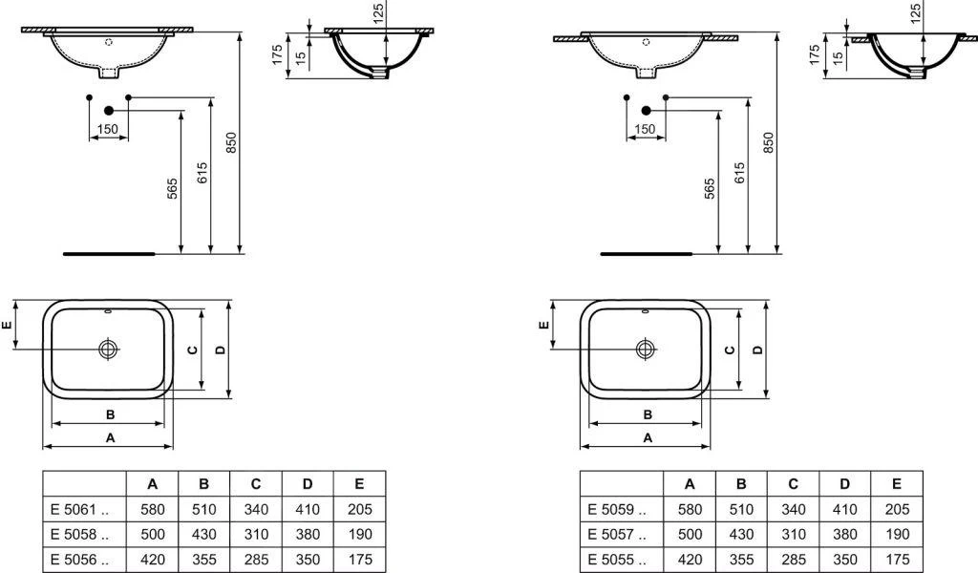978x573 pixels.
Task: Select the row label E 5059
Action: tap(616, 510)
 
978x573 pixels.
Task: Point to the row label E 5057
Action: tap(616, 535)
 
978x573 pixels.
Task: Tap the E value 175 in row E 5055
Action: tap(896, 560)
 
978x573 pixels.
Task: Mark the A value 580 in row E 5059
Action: tap(690, 510)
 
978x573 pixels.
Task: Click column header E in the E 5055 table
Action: tap(896, 484)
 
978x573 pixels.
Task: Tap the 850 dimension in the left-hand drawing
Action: tap(230, 142)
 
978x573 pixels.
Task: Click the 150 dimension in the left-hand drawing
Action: tap(108, 129)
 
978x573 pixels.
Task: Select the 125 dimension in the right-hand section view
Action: tap(916, 12)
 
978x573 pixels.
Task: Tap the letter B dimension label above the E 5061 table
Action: tap(111, 414)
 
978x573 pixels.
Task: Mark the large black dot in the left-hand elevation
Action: tap(108, 111)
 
